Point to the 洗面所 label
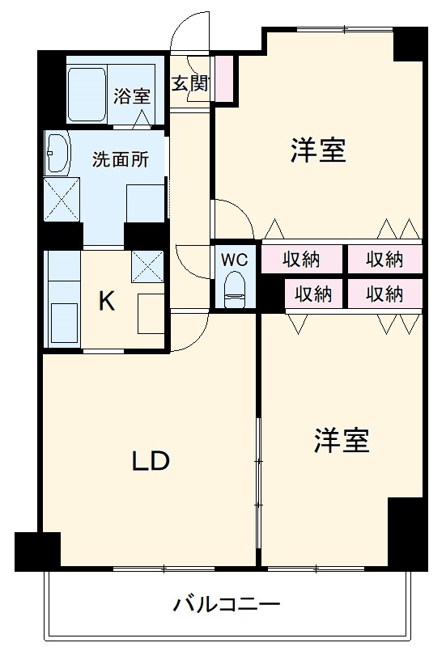[x=120, y=159]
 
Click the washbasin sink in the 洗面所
[x=59, y=154]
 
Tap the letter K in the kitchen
[x=106, y=302]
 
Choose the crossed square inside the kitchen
[x=147, y=264]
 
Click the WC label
[x=235, y=260]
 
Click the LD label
[x=151, y=460]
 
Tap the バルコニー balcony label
[x=227, y=604]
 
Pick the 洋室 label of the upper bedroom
[x=318, y=150]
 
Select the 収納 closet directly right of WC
[x=301, y=260]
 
